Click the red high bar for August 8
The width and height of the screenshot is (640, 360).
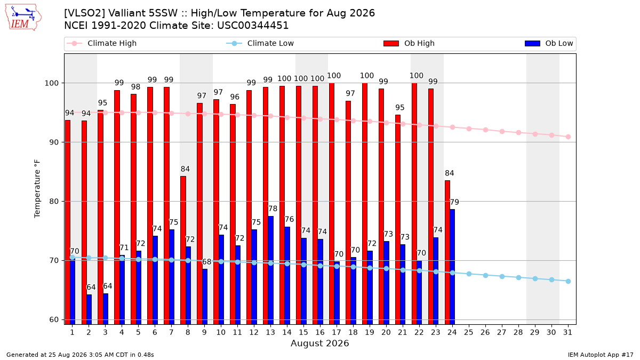coord(183,250)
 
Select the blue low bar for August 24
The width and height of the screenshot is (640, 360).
coord(452,267)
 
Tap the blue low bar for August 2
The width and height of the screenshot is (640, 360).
coord(89,309)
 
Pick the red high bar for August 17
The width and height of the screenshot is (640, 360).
coord(332,204)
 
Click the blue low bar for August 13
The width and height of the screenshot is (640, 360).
coord(270,270)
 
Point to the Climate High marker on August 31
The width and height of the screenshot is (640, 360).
coord(568,137)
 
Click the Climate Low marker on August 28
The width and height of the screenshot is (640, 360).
coord(518,277)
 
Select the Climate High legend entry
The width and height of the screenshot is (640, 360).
coord(102,43)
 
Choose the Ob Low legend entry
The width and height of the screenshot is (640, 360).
coord(549,43)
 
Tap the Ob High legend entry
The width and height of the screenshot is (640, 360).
coord(409,43)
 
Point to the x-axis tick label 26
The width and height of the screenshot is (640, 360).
coord(485,332)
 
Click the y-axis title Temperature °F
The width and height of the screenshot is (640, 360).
coord(37,189)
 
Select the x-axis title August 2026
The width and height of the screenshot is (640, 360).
coord(319,343)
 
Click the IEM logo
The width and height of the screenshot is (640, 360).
coord(23,18)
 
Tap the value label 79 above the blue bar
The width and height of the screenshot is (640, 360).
coord(454,202)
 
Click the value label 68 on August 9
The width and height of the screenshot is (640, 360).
coord(206,262)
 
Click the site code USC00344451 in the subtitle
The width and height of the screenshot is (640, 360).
coord(253,26)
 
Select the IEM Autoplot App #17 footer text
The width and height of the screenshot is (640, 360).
coord(601,355)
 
